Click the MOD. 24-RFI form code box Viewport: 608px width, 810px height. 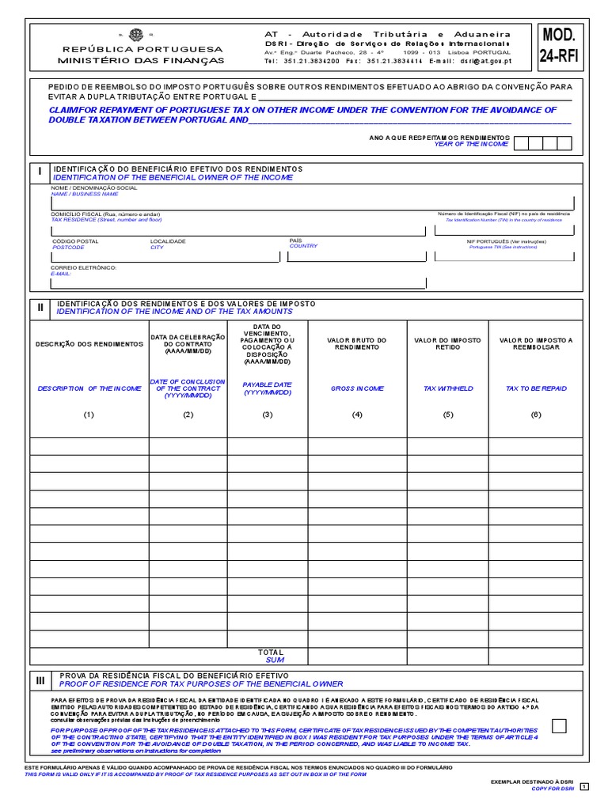tap(562, 45)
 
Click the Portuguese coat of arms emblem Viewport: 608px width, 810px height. tap(135, 35)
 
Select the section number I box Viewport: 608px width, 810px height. tap(40, 172)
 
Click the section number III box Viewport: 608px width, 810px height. tap(40, 679)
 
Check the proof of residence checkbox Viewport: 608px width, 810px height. tap(559, 726)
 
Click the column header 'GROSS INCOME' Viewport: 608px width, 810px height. tap(357, 388)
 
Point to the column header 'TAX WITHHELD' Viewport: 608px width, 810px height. tap(447, 388)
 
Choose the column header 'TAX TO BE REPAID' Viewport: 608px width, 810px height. tap(536, 388)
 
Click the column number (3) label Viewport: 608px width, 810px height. tap(268, 414)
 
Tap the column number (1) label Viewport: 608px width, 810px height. tap(89, 414)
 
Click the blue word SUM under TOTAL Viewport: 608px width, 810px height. tap(275, 659)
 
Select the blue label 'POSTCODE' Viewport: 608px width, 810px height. tap(68, 247)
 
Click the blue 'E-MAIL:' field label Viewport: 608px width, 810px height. tap(62, 274)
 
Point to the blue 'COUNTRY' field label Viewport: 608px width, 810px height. tap(303, 246)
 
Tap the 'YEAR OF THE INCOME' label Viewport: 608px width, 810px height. tap(471, 145)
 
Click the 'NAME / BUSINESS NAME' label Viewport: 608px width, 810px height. tap(85, 194)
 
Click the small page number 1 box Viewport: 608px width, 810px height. tap(584, 786)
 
